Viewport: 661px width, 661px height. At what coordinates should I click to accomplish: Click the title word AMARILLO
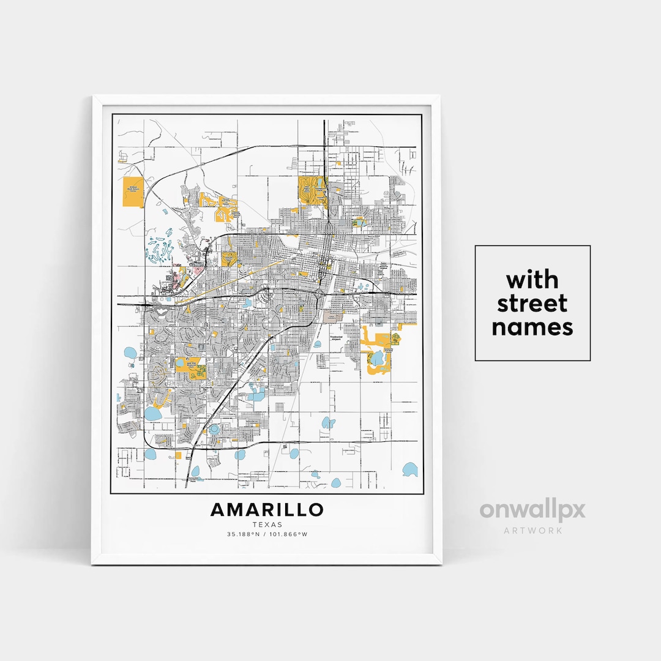(267, 509)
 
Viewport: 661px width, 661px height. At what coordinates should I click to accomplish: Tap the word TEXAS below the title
(267, 525)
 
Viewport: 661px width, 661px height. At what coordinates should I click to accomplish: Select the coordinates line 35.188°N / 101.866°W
(267, 534)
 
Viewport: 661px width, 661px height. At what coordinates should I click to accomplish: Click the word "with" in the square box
(532, 280)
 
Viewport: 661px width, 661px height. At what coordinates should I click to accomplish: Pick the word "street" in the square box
(532, 304)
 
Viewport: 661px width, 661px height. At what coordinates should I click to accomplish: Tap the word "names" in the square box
(532, 327)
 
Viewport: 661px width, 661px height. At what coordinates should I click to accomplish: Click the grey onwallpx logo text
(532, 510)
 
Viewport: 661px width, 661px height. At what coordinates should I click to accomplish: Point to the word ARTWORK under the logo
(532, 530)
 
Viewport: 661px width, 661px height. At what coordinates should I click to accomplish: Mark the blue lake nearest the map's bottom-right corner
(409, 470)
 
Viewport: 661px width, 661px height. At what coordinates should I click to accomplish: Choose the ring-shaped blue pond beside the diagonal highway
(214, 430)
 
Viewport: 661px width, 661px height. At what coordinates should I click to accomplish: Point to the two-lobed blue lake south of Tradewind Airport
(329, 423)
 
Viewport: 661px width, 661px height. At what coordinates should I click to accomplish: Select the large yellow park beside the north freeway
(312, 190)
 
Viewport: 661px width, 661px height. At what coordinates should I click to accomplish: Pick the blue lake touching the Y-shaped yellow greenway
(152, 413)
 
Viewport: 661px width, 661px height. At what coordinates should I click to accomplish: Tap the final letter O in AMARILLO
(316, 509)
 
